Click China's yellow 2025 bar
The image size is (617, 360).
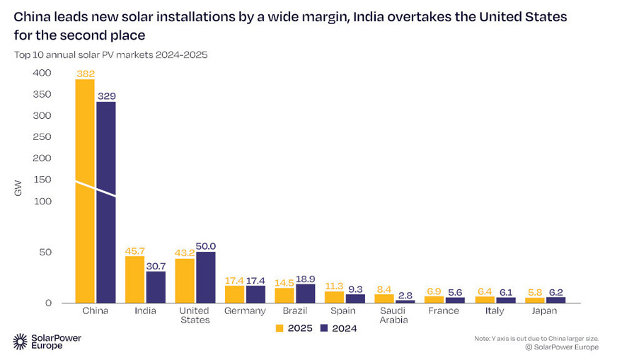85,191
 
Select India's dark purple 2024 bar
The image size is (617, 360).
156,287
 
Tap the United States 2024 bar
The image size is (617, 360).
206,277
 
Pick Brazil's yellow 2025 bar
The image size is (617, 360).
284,296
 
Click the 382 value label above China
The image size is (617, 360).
86,74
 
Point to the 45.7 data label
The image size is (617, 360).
135,251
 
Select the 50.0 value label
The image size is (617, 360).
206,246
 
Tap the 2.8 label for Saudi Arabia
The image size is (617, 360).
405,296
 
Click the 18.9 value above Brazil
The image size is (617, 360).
306,279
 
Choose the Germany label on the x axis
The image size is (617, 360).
245,310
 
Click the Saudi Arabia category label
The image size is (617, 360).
393,315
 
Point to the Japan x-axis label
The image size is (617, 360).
544,310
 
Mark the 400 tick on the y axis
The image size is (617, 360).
42,73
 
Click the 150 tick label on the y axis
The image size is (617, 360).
42,180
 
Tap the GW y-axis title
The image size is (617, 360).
18,188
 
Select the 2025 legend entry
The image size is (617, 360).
294,328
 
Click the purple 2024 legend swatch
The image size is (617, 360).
324,328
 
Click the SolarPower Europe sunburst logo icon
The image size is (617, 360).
20,342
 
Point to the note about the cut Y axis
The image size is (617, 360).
536,338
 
